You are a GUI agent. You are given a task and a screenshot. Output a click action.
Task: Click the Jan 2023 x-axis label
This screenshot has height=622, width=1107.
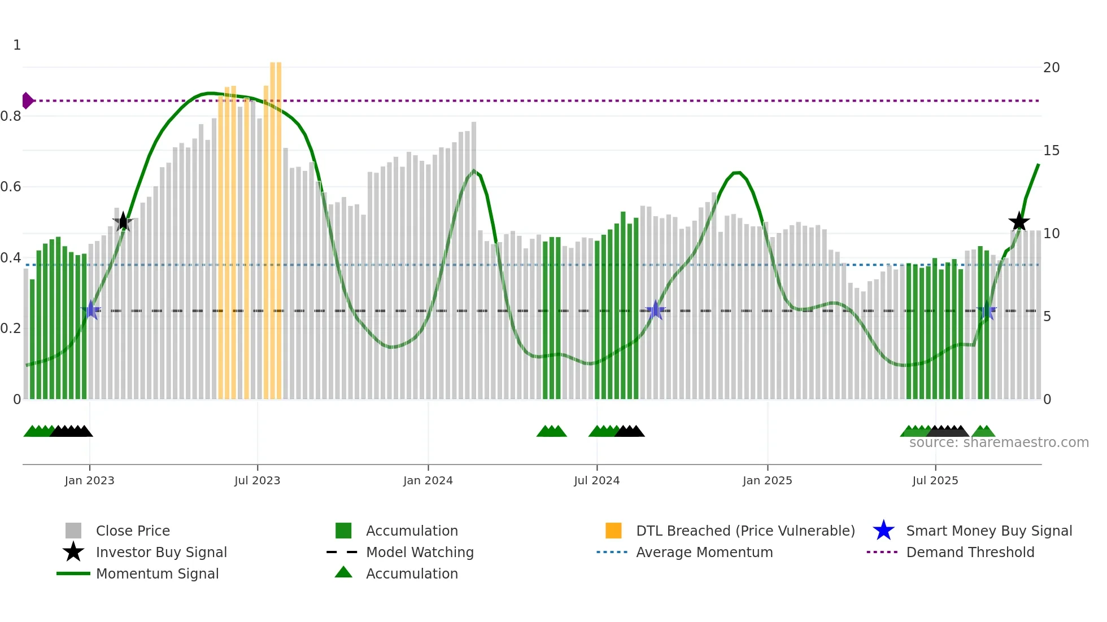point(89,480)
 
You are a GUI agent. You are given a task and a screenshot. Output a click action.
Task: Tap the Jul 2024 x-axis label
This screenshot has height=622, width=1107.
point(596,480)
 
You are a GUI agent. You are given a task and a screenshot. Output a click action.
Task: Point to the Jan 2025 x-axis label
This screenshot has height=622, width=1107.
point(767,480)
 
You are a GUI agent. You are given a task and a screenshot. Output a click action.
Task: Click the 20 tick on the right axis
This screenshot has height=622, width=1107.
point(1051,68)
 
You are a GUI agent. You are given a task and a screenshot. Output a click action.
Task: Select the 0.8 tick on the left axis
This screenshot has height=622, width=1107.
point(11,116)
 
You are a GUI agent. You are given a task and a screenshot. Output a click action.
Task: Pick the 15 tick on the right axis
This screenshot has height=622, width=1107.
point(1051,151)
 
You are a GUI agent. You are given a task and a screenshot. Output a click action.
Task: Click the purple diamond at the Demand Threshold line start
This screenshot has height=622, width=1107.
point(27,100)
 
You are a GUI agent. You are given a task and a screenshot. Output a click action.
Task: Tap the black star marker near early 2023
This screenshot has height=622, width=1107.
point(123,222)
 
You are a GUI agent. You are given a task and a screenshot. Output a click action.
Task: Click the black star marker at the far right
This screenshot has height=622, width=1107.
point(1019,222)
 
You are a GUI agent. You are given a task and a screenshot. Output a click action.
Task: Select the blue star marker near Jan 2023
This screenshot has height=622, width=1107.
point(91,310)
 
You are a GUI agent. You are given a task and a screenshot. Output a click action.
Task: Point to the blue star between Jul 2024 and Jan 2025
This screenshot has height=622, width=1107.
point(655,310)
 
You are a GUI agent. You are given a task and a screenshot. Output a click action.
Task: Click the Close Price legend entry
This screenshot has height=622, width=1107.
point(133,531)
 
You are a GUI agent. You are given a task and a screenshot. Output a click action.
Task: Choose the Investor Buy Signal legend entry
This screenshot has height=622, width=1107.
point(161,552)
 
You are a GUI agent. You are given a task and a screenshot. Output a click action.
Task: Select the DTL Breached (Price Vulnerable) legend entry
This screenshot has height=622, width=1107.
point(745,531)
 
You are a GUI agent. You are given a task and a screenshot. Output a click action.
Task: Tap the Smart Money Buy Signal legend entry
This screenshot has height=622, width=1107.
point(988,531)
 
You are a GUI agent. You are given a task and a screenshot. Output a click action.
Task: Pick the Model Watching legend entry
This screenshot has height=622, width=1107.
point(419,552)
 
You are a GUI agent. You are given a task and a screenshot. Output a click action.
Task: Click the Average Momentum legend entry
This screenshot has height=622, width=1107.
point(704,552)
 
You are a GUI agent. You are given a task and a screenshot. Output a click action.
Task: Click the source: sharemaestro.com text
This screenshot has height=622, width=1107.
point(999,443)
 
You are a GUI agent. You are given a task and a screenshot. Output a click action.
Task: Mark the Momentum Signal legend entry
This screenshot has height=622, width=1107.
point(157,573)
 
